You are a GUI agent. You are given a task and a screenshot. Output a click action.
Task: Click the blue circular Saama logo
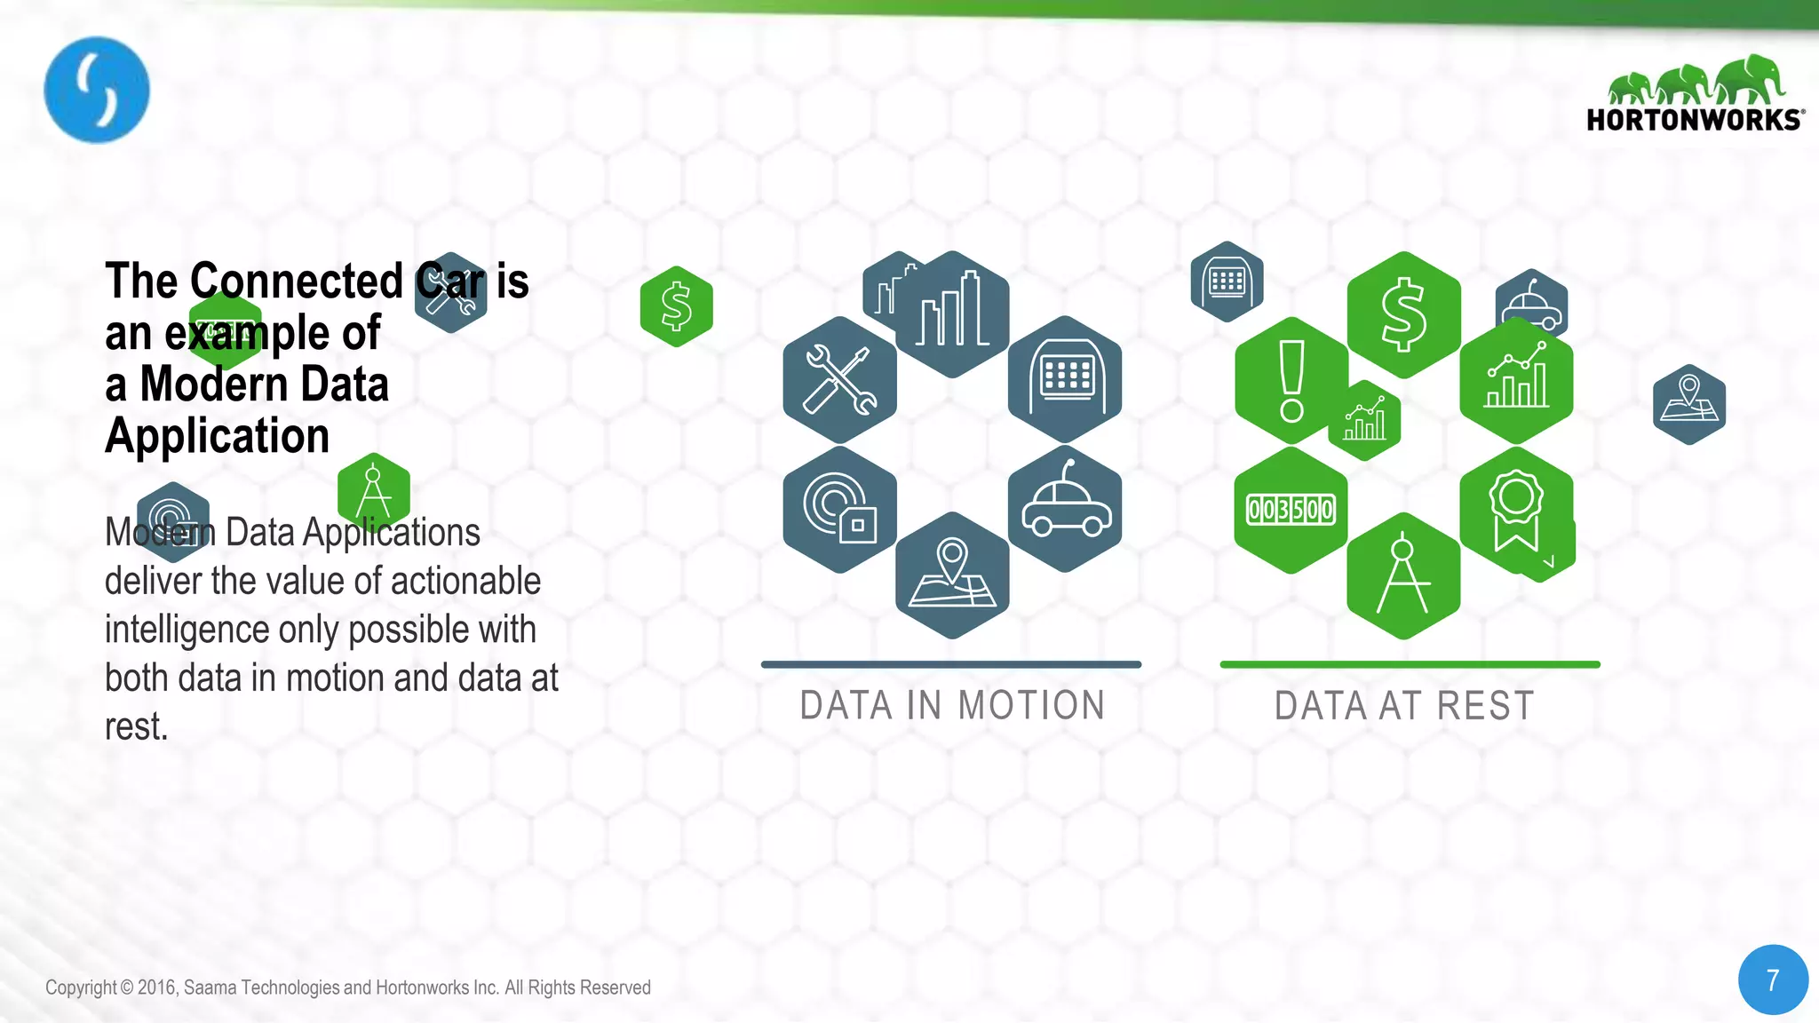[x=97, y=90]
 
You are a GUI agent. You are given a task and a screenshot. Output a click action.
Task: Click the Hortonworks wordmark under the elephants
[x=1694, y=120]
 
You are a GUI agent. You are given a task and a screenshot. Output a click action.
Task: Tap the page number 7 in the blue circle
[x=1773, y=979]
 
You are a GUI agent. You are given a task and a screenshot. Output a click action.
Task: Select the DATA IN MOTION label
[x=952, y=706]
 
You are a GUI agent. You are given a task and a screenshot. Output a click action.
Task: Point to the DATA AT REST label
[x=1404, y=706]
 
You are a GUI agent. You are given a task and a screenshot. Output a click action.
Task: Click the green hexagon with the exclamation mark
[x=1291, y=380]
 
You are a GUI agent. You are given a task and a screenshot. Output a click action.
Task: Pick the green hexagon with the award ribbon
[x=1516, y=510]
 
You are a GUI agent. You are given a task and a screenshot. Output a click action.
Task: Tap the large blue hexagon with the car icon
[x=1065, y=509]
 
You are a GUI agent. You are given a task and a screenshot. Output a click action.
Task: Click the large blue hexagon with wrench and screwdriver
[x=839, y=380]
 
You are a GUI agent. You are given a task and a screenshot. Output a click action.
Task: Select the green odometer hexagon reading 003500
[x=1291, y=510]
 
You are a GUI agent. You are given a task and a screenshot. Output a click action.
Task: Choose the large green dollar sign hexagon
[x=1403, y=314]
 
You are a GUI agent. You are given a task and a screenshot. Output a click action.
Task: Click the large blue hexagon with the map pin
[x=952, y=575]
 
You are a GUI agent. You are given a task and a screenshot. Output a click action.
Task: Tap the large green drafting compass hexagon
[x=1403, y=575]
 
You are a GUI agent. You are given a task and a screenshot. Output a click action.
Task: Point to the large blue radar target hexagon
[x=839, y=509]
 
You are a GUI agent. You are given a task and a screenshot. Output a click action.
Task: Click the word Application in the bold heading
[x=218, y=436]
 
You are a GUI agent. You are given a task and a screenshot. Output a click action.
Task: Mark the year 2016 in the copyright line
[x=157, y=987]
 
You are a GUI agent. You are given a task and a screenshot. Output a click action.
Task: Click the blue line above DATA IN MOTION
[x=951, y=664]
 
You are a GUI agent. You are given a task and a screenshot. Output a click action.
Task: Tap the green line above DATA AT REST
[x=1410, y=664]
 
